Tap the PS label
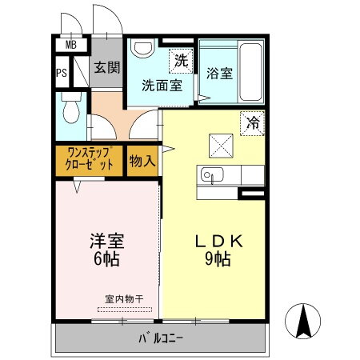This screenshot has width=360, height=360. pos(62,74)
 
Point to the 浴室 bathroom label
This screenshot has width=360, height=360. pos(219,74)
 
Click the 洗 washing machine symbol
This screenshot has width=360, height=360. pos(180,58)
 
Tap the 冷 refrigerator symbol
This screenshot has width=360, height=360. pos(252,124)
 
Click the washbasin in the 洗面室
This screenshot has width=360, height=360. pos(143,50)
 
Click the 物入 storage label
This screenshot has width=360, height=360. pos(142,162)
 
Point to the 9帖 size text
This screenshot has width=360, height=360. pos(214,261)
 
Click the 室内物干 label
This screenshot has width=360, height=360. pos(123,299)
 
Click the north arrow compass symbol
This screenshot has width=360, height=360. pos(304,322)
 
